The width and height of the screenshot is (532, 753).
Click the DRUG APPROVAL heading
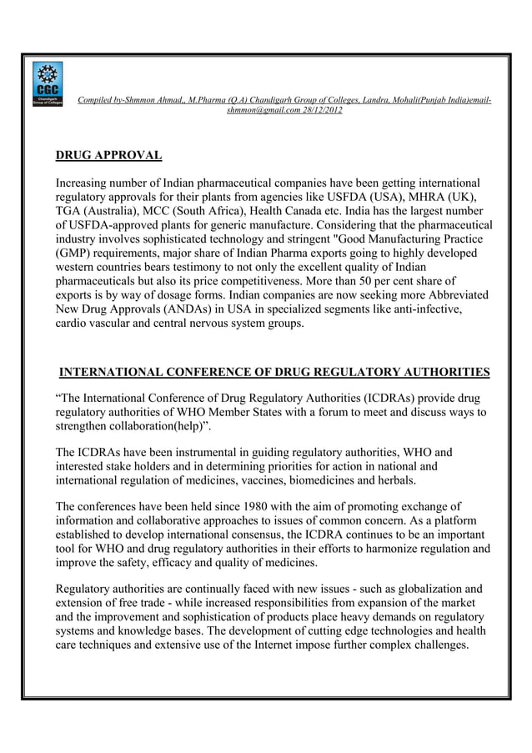click(108, 155)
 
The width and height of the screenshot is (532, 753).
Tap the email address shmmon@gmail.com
click(256, 110)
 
